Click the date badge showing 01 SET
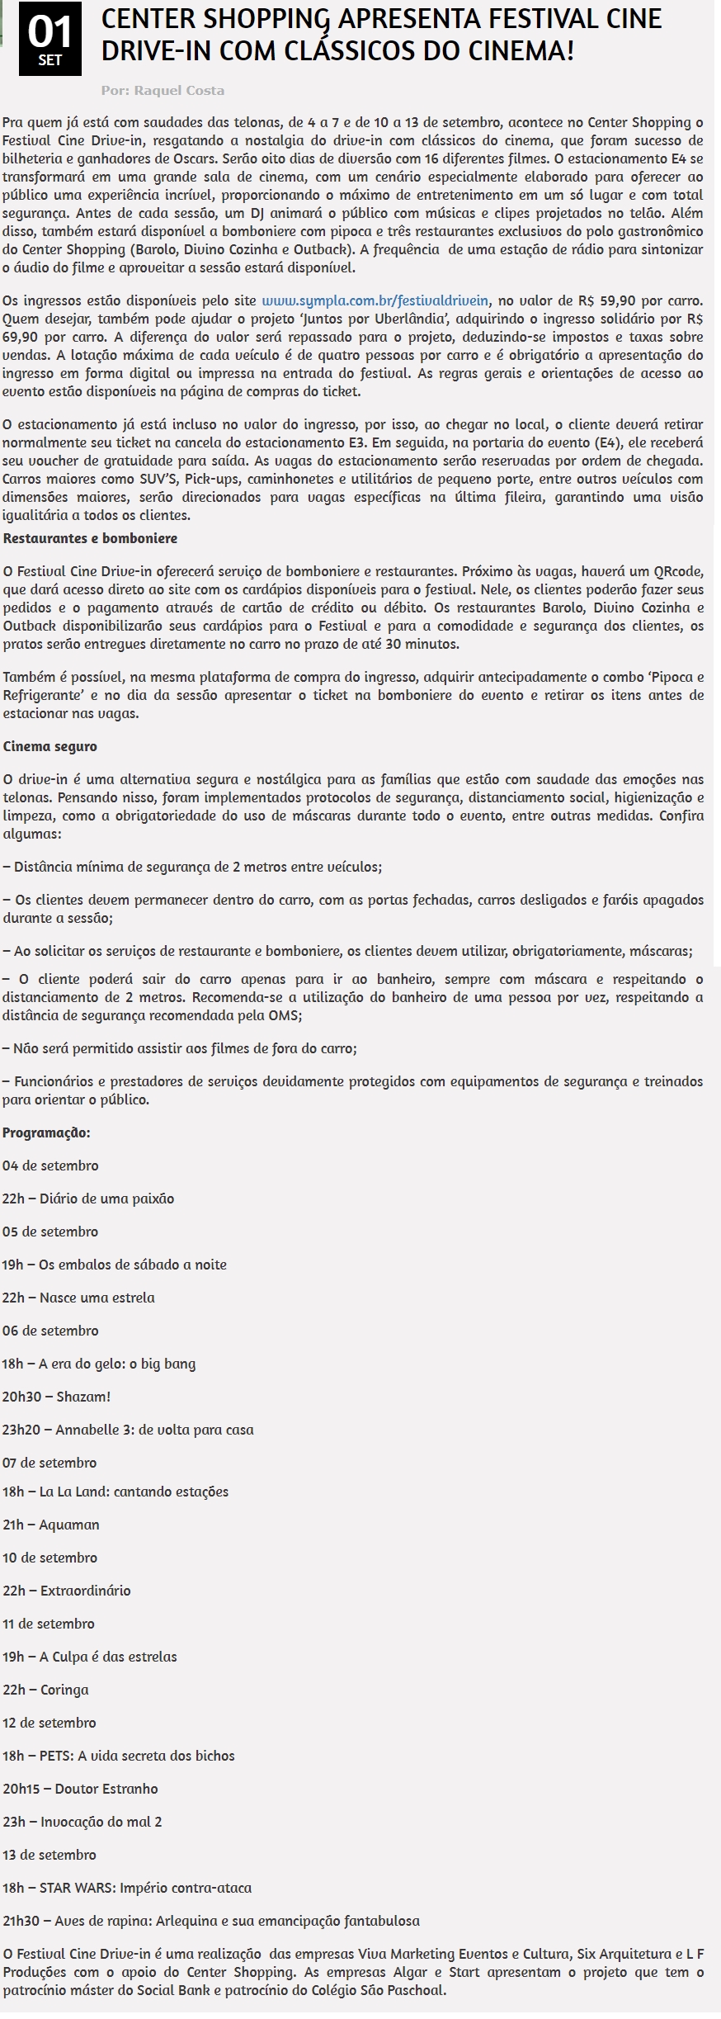click(x=49, y=39)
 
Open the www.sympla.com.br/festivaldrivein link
click(x=375, y=300)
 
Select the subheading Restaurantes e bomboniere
click(x=90, y=538)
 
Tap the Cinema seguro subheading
click(x=49, y=746)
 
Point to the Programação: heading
click(x=46, y=1132)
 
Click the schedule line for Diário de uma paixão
click(x=88, y=1199)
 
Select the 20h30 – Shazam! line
click(x=56, y=1397)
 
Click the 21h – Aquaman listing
click(x=51, y=1525)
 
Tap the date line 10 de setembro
click(x=49, y=1558)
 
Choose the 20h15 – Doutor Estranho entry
click(x=80, y=1789)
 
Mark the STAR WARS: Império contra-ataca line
click(x=127, y=1888)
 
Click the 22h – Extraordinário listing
click(x=67, y=1591)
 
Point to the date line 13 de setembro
click(x=49, y=1855)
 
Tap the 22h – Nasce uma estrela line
click(x=78, y=1298)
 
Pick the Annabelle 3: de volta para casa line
click(x=128, y=1430)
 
